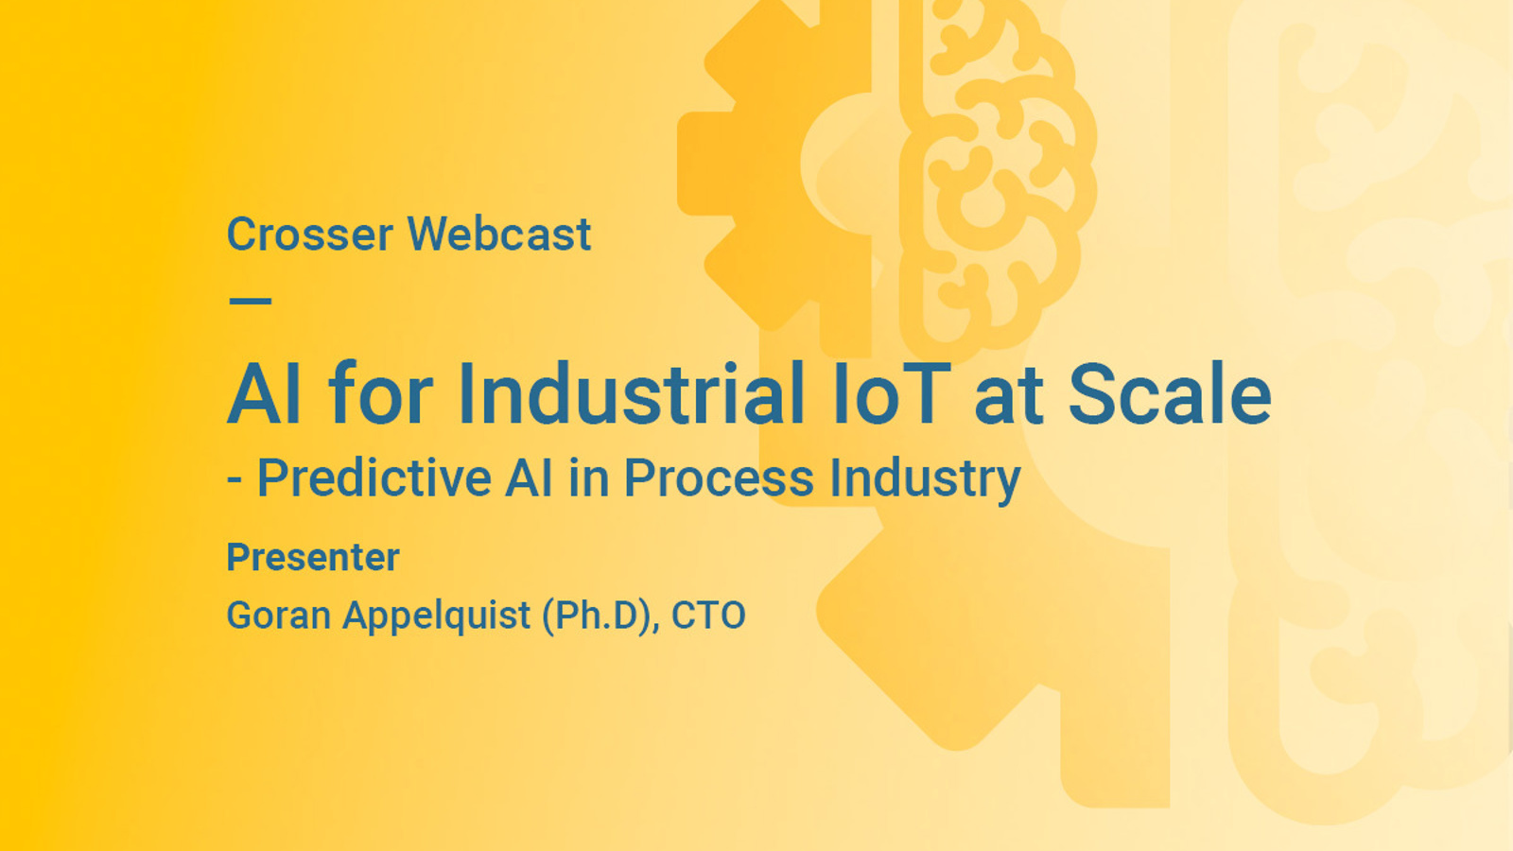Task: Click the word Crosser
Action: click(309, 234)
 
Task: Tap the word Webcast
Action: click(499, 234)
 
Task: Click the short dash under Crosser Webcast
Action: click(251, 302)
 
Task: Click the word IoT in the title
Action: click(891, 394)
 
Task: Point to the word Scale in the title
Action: click(1170, 394)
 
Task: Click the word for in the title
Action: click(380, 394)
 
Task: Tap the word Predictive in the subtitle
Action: click(374, 478)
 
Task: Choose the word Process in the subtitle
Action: click(719, 478)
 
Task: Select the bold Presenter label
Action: click(313, 558)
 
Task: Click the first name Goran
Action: click(278, 616)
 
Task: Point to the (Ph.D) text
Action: click(600, 617)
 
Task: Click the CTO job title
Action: click(708, 616)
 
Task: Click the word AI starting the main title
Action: click(264, 394)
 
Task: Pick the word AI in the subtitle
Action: click(529, 478)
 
